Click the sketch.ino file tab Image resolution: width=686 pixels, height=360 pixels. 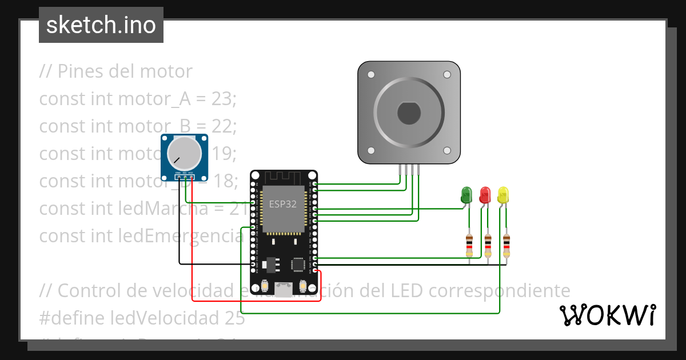(101, 26)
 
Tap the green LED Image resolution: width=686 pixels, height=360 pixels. (466, 195)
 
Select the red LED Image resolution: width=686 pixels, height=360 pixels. (485, 195)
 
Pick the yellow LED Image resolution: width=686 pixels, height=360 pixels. (503, 195)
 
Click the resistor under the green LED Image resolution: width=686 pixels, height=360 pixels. (469, 245)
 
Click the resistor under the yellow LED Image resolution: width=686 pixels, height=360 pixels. (506, 245)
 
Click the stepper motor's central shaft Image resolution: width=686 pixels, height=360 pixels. (409, 112)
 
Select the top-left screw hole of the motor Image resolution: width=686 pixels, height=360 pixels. (371, 75)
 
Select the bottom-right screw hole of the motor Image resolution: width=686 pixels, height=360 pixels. (447, 150)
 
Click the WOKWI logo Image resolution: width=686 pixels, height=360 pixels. (607, 315)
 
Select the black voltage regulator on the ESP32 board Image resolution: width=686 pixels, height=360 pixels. (270, 263)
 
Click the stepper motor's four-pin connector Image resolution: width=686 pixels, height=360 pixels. (409, 169)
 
